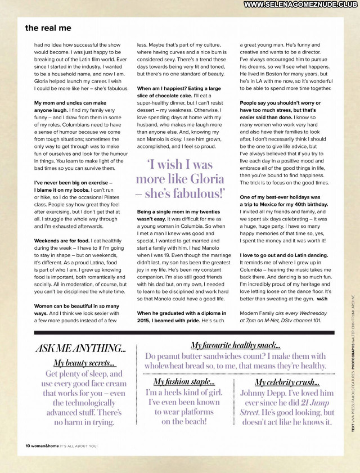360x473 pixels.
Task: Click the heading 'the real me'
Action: [x=48, y=28]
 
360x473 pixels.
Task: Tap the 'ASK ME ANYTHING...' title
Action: [x=80, y=348]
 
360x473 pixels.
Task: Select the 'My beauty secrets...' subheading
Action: [x=84, y=363]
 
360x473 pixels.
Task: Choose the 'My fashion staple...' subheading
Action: [x=184, y=381]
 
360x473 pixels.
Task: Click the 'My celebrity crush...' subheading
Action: [x=287, y=382]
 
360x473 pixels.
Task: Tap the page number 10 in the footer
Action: [x=28, y=446]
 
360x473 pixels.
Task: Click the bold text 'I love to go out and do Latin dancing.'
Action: [x=283, y=255]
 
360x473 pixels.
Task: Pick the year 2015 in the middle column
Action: [x=145, y=320]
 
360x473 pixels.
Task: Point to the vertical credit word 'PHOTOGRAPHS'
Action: [x=353, y=368]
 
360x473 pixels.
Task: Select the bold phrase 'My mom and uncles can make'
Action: [x=70, y=103]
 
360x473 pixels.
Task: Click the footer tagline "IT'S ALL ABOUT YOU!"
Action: [x=79, y=446]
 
